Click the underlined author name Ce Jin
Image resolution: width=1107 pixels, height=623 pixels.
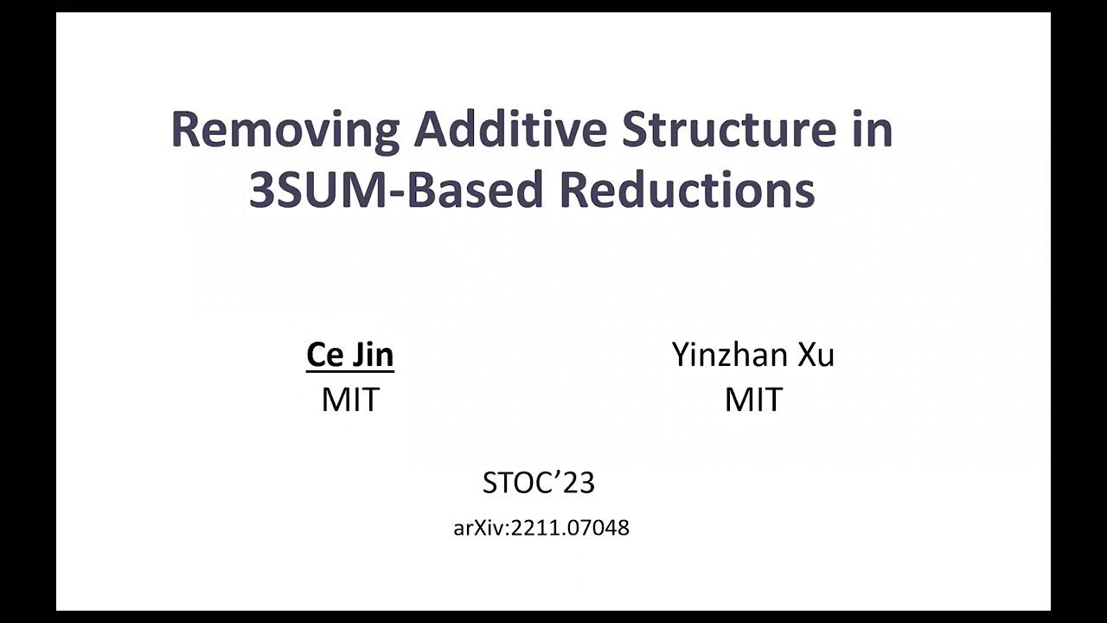point(350,355)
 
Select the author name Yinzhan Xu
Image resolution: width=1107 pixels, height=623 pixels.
point(752,355)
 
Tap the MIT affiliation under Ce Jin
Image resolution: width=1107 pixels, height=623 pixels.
point(350,399)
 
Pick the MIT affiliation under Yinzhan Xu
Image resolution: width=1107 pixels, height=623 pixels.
point(753,399)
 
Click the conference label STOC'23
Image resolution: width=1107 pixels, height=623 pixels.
point(538,483)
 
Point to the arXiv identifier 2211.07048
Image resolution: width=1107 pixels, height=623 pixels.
point(570,528)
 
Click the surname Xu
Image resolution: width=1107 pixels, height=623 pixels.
point(816,355)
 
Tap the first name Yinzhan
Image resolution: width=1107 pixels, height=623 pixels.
point(729,355)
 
